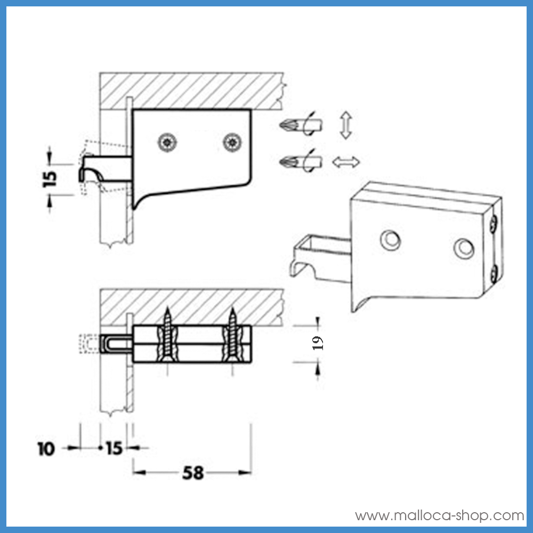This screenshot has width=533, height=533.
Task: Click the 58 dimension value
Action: [193, 472]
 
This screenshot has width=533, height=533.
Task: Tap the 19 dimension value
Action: [318, 343]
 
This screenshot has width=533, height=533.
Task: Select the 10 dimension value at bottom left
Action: [46, 449]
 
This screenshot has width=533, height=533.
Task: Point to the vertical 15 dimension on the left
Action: [50, 179]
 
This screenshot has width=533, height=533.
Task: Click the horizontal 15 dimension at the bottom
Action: [114, 448]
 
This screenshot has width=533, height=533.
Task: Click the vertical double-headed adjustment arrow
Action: [346, 125]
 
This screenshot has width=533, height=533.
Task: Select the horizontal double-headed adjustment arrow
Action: [346, 162]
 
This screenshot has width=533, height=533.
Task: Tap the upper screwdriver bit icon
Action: [301, 125]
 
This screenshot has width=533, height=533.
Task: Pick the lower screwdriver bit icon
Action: [301, 161]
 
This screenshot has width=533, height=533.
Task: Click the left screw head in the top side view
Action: [167, 142]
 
